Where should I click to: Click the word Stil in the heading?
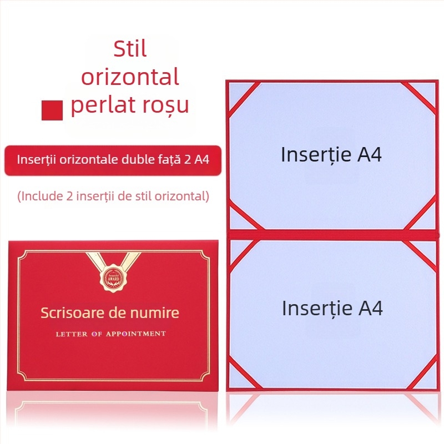(130, 49)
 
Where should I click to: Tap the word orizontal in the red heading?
(130, 77)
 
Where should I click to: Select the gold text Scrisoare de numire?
(110, 312)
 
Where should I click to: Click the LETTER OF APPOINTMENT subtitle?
(110, 334)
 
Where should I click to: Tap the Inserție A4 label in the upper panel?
(331, 154)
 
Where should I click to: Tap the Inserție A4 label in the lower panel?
(332, 308)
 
